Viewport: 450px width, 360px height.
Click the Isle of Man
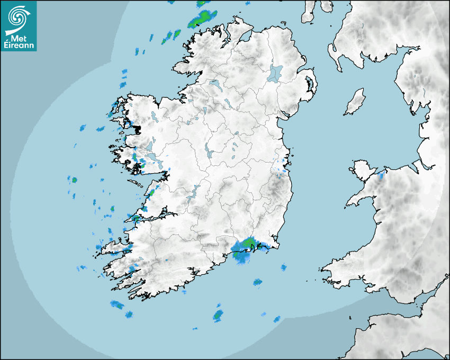(x=355, y=102)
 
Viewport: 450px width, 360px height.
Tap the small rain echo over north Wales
(x=381, y=175)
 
